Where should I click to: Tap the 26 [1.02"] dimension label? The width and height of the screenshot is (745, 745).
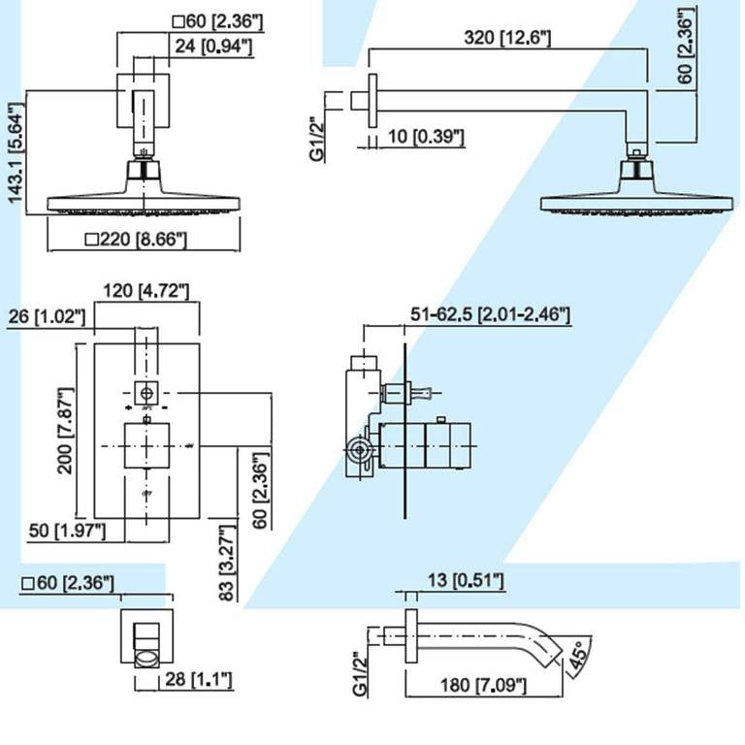click(46, 316)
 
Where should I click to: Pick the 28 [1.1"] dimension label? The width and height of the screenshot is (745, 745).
click(198, 681)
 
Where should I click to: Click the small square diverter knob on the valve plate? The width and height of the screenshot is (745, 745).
click(146, 394)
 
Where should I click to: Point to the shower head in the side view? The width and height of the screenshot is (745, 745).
click(636, 193)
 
